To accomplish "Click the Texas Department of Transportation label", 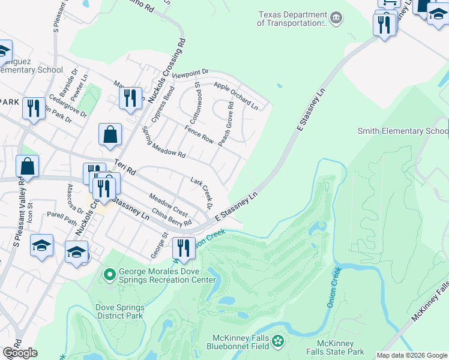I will click(x=290, y=19).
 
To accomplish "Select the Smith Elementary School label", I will click(x=403, y=131).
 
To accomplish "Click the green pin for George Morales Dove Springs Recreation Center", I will click(x=109, y=275).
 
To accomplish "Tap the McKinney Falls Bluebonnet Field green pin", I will click(x=278, y=341).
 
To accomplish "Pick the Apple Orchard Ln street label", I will click(x=235, y=95).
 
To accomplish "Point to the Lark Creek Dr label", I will click(x=202, y=193).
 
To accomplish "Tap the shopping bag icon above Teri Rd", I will click(x=110, y=136).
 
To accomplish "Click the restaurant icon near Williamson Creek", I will click(x=184, y=247).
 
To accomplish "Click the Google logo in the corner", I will click(x=20, y=353).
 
